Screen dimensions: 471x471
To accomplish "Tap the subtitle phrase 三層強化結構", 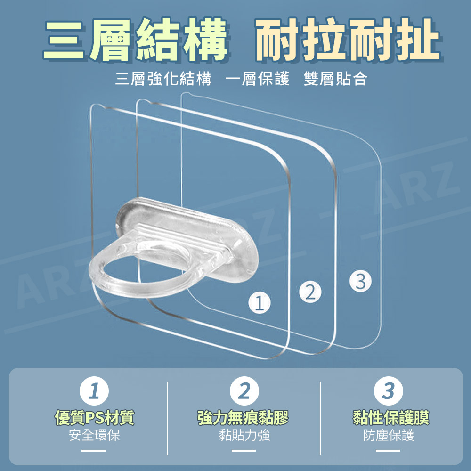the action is (x=163, y=79).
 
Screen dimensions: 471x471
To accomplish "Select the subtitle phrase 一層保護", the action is (x=258, y=79).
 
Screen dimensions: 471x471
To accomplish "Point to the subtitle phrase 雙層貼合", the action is (x=335, y=79).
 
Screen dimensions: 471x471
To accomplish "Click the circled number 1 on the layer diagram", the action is (x=260, y=303).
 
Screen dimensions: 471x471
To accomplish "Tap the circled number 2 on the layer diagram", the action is (x=310, y=292).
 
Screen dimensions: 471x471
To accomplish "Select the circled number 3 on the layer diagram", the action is (x=360, y=281).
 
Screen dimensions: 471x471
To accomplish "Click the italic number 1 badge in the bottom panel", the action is (x=94, y=391).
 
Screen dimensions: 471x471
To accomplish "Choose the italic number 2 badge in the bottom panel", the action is (x=244, y=391).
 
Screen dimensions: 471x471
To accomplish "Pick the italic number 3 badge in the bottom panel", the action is (x=389, y=391).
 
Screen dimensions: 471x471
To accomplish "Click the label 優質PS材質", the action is (x=94, y=418).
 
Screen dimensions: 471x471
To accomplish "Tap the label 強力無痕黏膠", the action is (x=243, y=418).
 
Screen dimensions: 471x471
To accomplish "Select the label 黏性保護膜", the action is (x=391, y=418).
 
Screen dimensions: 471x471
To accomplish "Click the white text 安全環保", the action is (x=94, y=435).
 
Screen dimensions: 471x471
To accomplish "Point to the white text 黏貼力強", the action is (x=244, y=435).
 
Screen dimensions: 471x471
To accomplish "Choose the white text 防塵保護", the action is (x=389, y=435).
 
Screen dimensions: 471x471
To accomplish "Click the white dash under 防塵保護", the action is (x=388, y=451).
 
